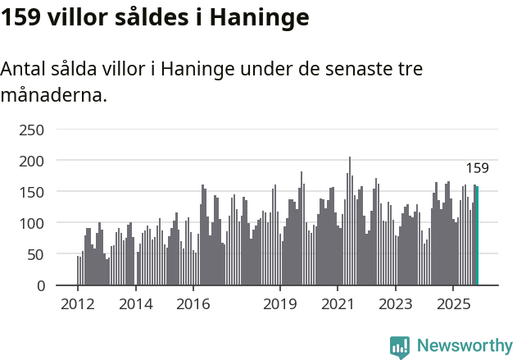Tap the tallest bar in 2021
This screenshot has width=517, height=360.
click(350, 221)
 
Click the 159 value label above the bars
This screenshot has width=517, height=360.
click(477, 169)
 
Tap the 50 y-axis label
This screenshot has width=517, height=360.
click(34, 254)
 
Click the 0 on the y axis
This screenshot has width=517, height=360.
click(39, 285)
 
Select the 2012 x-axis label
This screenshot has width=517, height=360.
click(78, 305)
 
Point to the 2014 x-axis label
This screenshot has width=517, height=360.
click(136, 305)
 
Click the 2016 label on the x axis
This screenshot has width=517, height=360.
click(193, 305)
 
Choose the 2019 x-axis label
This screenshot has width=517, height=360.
click(280, 305)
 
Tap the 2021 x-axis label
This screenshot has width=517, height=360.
click(338, 305)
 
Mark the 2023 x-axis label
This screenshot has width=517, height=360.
click(396, 305)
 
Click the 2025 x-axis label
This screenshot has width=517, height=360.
click(453, 305)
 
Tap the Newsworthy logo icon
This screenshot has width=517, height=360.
click(400, 347)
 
